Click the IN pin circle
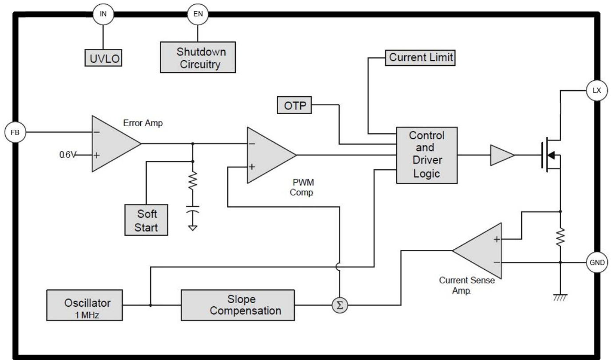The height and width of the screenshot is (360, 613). point(103,14)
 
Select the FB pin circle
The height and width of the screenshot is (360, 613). point(15,132)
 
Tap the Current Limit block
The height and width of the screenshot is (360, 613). point(420,57)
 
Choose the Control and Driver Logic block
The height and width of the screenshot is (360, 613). point(426,155)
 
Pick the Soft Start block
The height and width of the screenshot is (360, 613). point(146,220)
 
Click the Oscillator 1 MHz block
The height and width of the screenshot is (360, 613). point(85,305)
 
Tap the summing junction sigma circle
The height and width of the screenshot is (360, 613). point(340,305)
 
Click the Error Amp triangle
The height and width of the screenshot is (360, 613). point(113,144)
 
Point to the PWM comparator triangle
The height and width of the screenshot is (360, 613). point(268,155)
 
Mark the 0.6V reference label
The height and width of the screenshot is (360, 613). point(68,155)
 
